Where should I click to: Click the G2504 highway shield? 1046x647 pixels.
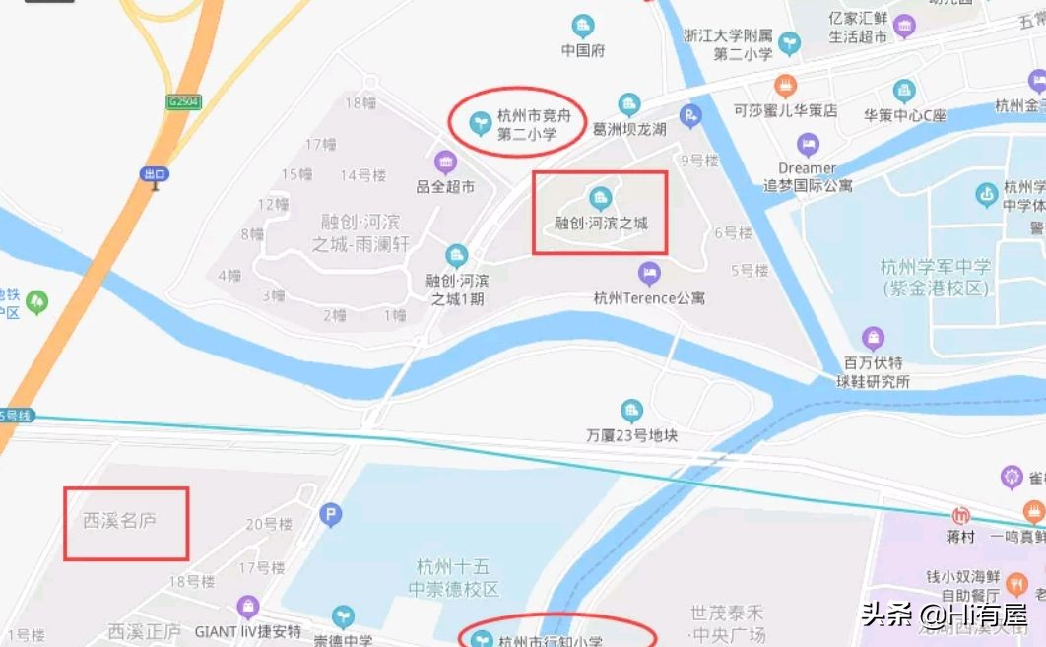pos(183,101)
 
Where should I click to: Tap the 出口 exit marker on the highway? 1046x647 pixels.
pos(155,174)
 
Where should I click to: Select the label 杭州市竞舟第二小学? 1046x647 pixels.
pos(528,125)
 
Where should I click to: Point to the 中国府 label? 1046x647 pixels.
pos(583,50)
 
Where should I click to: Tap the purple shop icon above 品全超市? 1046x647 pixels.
pos(445,162)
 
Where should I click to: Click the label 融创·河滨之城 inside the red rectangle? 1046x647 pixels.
pos(601,224)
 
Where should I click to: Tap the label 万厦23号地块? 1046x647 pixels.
pos(632,434)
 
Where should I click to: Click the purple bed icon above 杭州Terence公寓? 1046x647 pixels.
pos(649,272)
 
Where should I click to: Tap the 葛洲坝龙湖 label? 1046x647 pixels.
pos(629,129)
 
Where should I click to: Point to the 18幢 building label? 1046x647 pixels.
pos(360,101)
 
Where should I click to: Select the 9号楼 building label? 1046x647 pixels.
pos(699,160)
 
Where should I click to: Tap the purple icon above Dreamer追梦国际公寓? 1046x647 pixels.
pos(808,145)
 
